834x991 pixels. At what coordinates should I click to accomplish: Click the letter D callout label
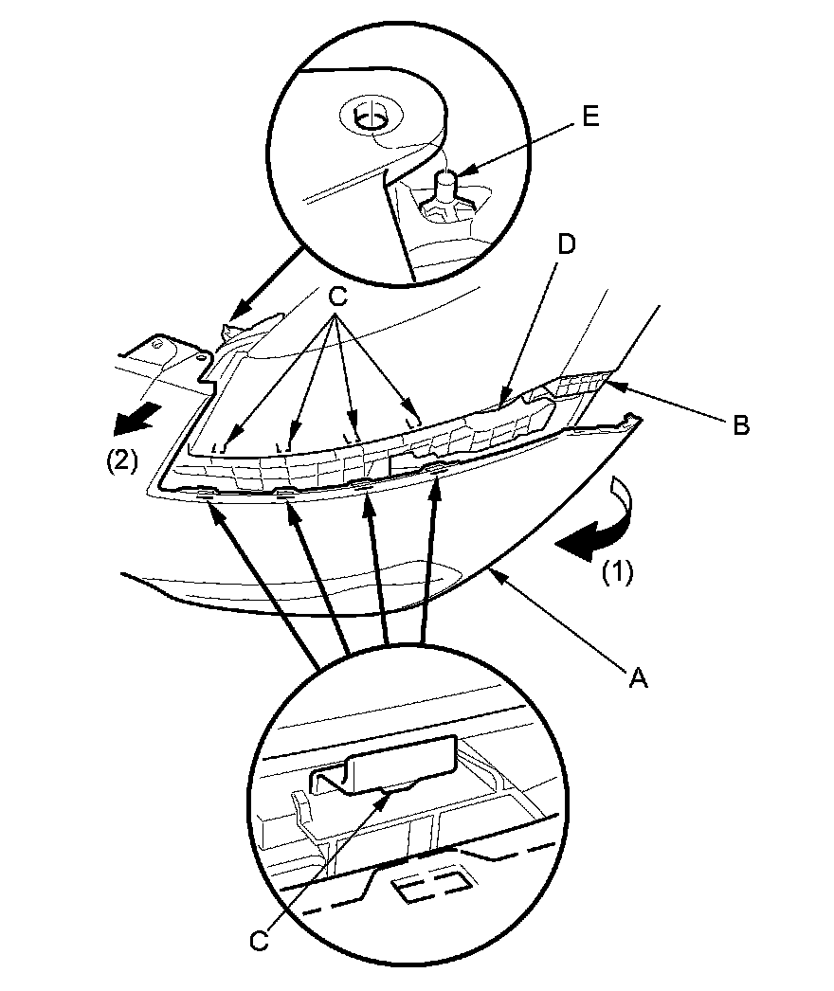point(566,245)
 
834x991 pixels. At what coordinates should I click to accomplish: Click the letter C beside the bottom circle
point(257,940)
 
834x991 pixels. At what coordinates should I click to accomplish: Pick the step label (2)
point(121,461)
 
